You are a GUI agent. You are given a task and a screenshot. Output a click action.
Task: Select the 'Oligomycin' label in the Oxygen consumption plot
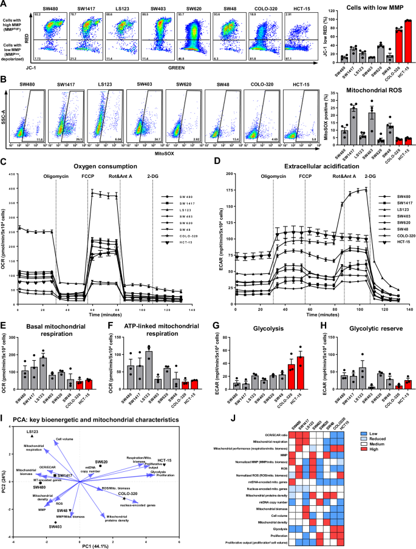56,178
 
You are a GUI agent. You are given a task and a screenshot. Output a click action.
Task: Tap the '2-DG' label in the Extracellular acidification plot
370,178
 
